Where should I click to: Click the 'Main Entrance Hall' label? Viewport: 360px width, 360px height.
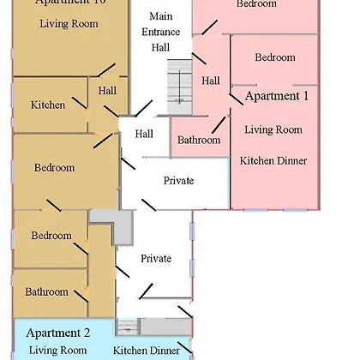(161, 32)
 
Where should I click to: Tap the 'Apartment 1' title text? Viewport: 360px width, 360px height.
(277, 96)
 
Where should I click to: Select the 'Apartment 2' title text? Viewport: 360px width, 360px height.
(58, 333)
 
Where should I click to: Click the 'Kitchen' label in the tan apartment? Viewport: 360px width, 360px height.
(48, 105)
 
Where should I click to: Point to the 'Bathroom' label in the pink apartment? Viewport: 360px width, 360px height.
(199, 140)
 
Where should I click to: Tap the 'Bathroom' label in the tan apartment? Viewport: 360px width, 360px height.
(46, 291)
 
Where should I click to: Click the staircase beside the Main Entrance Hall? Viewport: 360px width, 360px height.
(179, 87)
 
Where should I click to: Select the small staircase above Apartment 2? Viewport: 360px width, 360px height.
(128, 327)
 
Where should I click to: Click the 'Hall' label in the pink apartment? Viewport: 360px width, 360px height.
(211, 81)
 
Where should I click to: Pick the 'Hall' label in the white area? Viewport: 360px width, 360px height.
(144, 134)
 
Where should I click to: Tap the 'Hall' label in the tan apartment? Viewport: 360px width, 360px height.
(107, 91)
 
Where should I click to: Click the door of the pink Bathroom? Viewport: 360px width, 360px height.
(219, 125)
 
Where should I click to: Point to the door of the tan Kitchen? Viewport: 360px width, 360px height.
(79, 103)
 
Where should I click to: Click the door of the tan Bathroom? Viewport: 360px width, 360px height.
(81, 297)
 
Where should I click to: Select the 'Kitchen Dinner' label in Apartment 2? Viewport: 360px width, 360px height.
(147, 351)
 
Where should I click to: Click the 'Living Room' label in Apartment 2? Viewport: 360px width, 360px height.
(57, 351)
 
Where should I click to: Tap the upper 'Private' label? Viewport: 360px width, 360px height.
(178, 181)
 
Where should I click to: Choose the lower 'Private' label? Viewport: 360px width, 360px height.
(156, 259)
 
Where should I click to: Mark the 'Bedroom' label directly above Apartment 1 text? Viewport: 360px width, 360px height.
(275, 57)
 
